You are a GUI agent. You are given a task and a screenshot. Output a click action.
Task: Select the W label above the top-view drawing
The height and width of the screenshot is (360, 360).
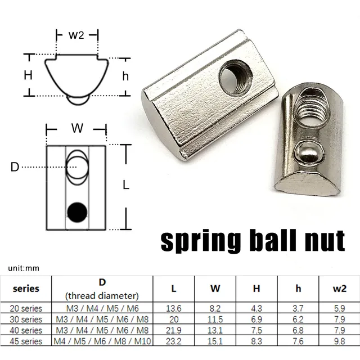coord(76,128)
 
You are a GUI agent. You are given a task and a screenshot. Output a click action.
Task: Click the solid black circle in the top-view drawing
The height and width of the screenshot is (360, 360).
coord(77,211)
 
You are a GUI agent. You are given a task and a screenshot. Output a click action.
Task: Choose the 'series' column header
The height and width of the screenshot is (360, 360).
coord(26,289)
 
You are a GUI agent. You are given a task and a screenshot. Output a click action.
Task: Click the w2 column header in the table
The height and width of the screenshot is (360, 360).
coord(339,289)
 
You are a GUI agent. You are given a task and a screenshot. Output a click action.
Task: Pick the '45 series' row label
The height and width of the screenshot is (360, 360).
coord(26,341)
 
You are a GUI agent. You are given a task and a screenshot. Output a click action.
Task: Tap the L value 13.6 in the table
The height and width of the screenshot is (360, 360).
coord(173,308)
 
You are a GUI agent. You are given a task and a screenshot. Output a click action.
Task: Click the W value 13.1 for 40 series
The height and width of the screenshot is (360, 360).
coord(215,330)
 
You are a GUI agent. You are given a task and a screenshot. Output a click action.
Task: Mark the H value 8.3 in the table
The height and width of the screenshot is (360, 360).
coord(256,341)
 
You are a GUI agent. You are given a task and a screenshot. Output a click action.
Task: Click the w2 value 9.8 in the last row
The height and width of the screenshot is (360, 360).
coord(339,341)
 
